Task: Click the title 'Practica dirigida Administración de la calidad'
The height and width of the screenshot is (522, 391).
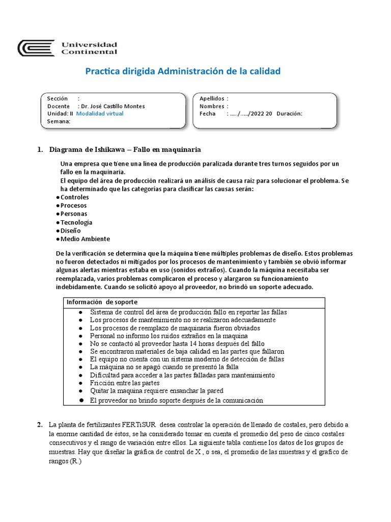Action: tap(182, 71)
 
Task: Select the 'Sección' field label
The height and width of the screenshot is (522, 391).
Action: tap(57, 98)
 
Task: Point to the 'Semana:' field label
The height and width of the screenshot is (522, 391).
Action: tap(59, 121)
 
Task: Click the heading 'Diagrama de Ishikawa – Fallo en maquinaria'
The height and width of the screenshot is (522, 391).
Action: tap(125, 149)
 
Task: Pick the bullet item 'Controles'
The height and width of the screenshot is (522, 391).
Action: tap(74, 197)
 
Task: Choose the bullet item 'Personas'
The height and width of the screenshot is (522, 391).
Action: tap(73, 214)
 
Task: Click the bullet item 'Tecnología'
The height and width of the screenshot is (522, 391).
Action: tap(76, 222)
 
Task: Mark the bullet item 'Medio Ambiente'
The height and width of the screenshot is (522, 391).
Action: tap(85, 239)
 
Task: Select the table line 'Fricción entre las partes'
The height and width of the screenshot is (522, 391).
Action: tap(125, 383)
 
